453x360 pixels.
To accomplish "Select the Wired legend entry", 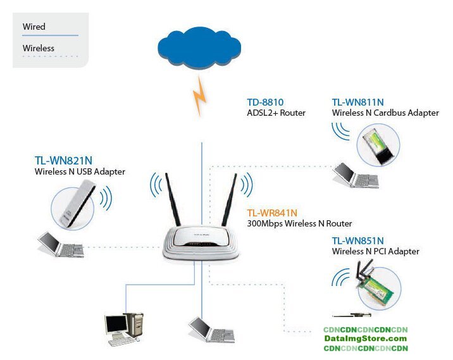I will (x=34, y=27).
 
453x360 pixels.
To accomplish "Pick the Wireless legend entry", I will (x=39, y=48).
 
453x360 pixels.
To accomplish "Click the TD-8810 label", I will (x=265, y=102).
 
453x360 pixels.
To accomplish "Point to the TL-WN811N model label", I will (x=358, y=102).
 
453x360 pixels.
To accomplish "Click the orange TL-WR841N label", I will (x=272, y=213).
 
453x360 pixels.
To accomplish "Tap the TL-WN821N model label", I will (x=62, y=160).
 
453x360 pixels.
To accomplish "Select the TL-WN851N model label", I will (x=358, y=240).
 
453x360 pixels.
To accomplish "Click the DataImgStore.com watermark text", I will (x=366, y=339).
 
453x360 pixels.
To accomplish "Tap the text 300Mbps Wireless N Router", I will (x=299, y=223).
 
